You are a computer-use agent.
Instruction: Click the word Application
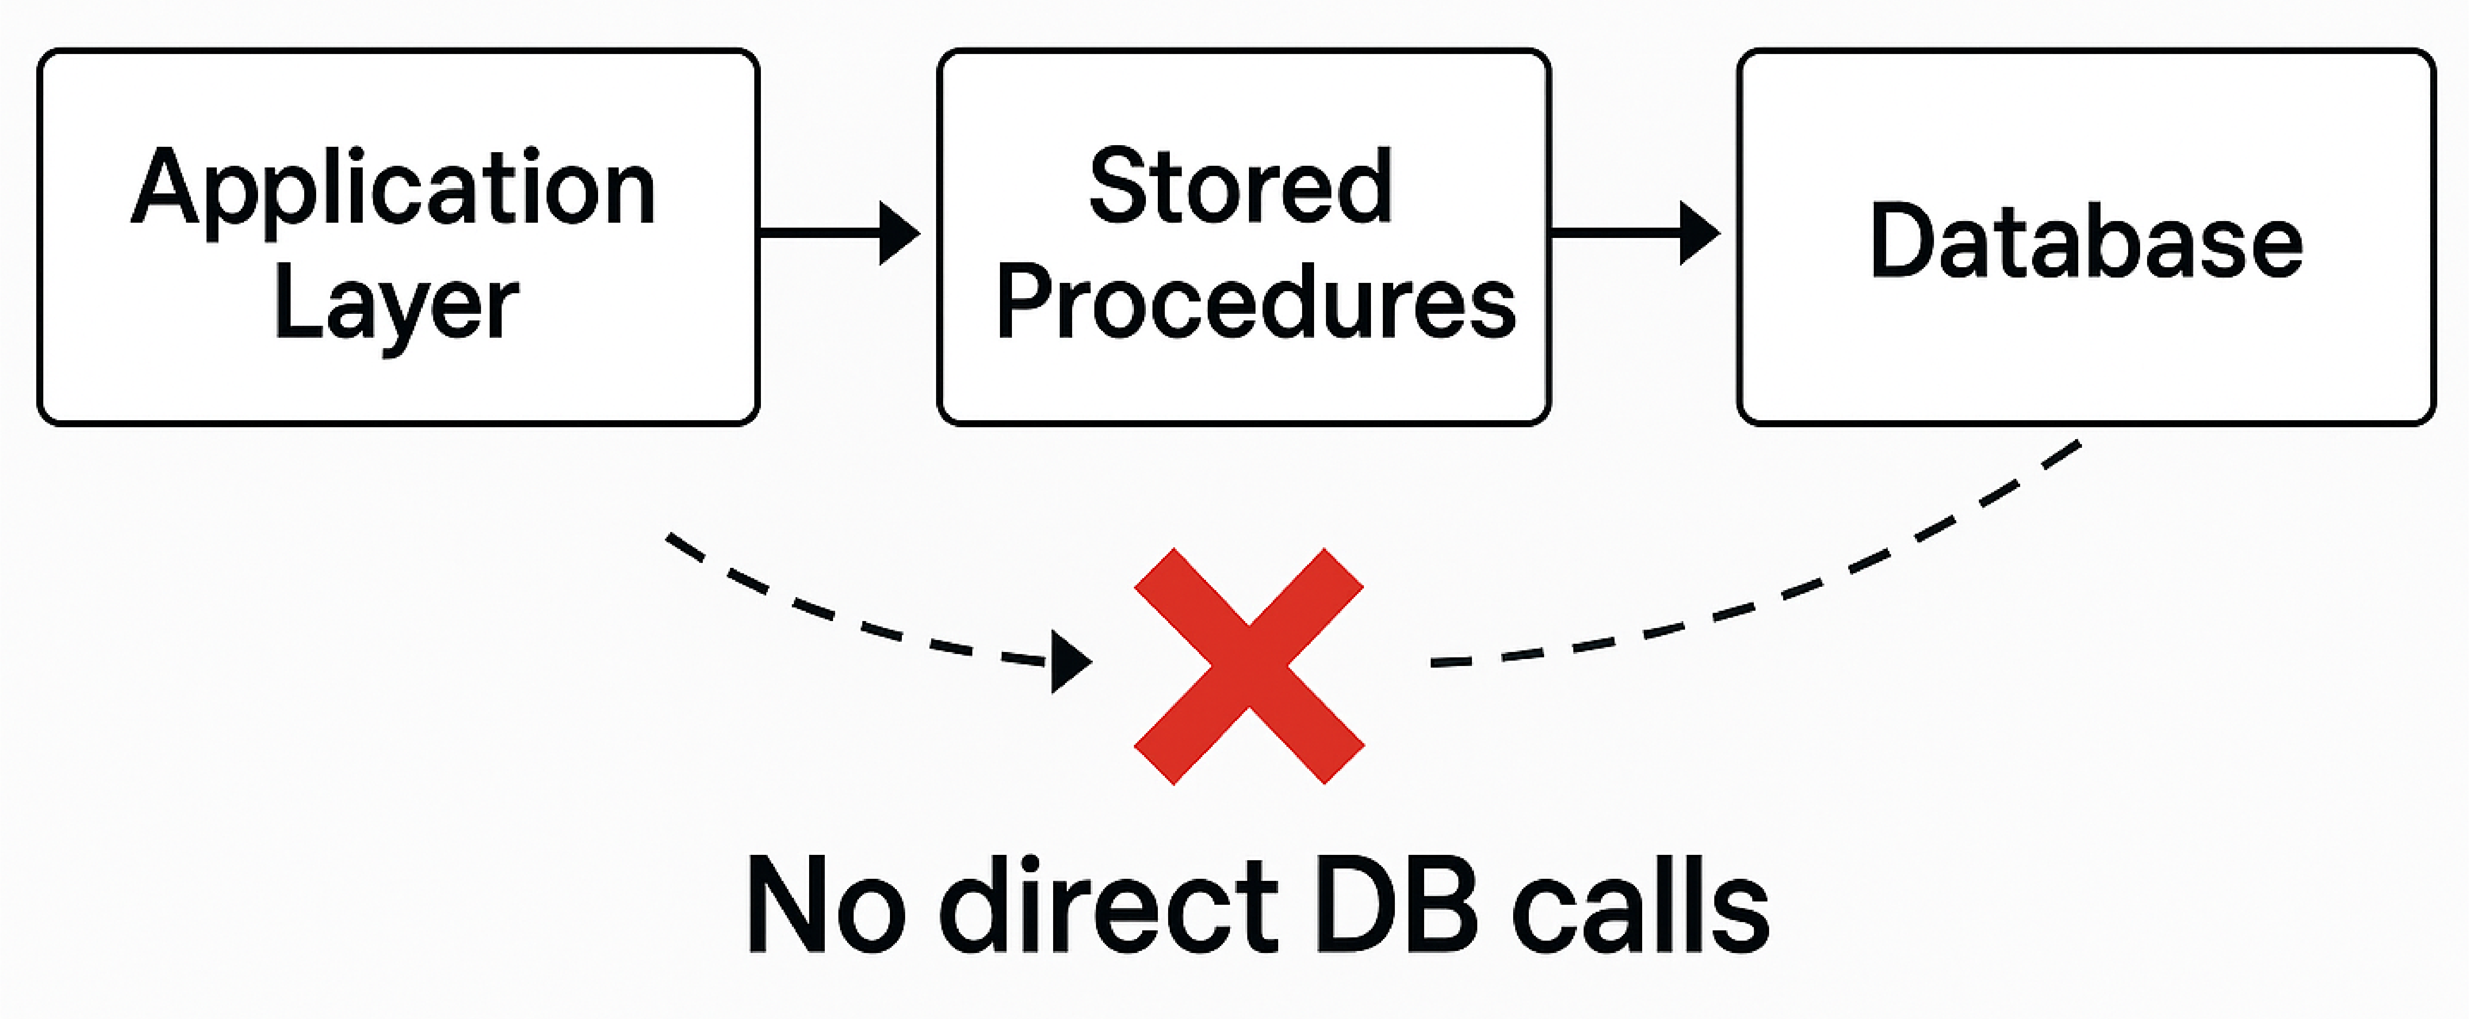click(x=393, y=189)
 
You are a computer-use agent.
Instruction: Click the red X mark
click(x=1249, y=666)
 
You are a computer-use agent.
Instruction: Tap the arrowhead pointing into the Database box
click(x=1698, y=232)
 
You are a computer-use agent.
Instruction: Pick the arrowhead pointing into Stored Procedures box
click(x=898, y=232)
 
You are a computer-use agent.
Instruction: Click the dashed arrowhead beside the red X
click(x=1069, y=661)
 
